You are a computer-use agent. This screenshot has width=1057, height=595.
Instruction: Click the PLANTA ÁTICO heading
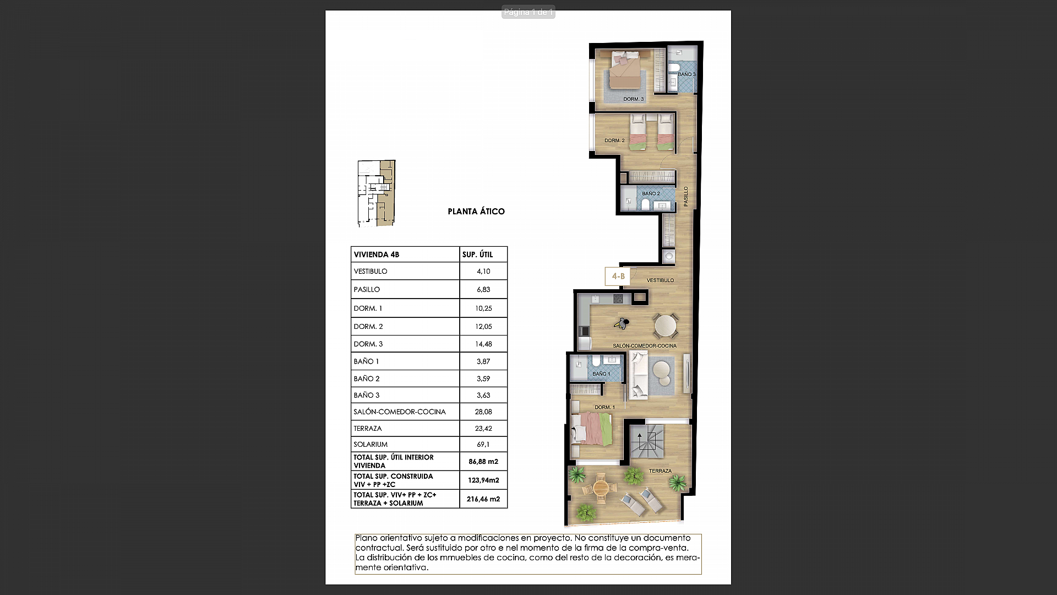(x=476, y=212)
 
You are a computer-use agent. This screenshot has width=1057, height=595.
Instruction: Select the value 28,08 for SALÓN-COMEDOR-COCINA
(x=483, y=412)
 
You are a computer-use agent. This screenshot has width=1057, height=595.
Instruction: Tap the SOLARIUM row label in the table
(x=371, y=444)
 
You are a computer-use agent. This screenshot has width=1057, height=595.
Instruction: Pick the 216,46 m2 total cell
(x=483, y=499)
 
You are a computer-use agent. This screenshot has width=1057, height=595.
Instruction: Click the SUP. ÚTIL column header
(x=477, y=255)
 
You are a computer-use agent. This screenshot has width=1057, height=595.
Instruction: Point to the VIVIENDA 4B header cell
(x=377, y=255)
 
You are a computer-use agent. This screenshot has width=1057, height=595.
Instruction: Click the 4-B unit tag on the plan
(x=618, y=276)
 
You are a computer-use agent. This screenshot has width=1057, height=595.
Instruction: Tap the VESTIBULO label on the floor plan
(x=660, y=280)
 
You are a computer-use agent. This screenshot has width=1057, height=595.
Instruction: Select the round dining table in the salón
(x=665, y=325)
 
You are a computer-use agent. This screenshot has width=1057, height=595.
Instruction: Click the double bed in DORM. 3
(x=626, y=70)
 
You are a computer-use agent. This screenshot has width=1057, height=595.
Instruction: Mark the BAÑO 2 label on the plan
(x=651, y=193)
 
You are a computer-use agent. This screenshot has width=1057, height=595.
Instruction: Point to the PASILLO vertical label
(x=686, y=197)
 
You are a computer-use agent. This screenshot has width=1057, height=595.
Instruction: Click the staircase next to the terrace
(x=647, y=442)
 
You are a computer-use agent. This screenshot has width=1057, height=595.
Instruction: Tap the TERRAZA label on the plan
(x=660, y=471)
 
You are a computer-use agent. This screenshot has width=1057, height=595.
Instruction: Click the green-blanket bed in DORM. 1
(x=592, y=429)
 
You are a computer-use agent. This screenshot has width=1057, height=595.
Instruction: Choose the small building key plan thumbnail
(x=377, y=193)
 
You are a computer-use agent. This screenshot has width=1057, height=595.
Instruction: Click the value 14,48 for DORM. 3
(x=483, y=344)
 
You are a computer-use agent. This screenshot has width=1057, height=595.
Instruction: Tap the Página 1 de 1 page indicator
(x=528, y=12)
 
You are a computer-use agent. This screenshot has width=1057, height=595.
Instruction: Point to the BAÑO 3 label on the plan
(x=686, y=74)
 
